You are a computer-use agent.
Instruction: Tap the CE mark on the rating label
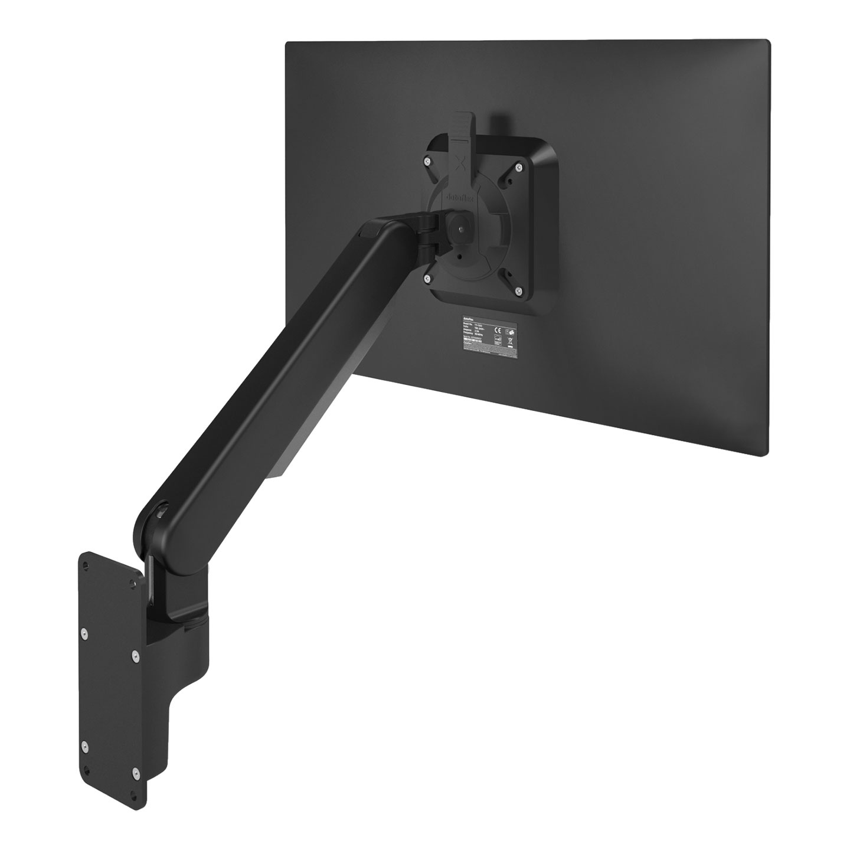(497, 332)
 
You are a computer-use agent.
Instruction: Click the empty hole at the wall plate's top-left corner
(87, 565)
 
